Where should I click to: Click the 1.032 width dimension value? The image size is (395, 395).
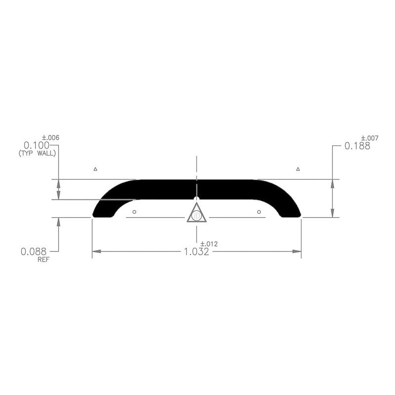197,252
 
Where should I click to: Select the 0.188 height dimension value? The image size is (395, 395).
357,146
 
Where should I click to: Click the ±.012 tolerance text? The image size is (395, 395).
209,244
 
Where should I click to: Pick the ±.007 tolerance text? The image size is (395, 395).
370,138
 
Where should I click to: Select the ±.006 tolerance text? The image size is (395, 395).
51,137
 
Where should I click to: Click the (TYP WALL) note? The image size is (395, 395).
37,154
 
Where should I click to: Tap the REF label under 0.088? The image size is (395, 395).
44,259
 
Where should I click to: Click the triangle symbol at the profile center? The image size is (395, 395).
197,214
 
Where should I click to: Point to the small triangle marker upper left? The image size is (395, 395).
96,169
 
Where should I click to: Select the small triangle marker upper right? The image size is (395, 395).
298,169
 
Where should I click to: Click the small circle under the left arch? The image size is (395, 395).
135,212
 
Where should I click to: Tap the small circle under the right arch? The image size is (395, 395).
259,212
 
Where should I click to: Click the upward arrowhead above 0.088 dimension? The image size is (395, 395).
59,221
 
